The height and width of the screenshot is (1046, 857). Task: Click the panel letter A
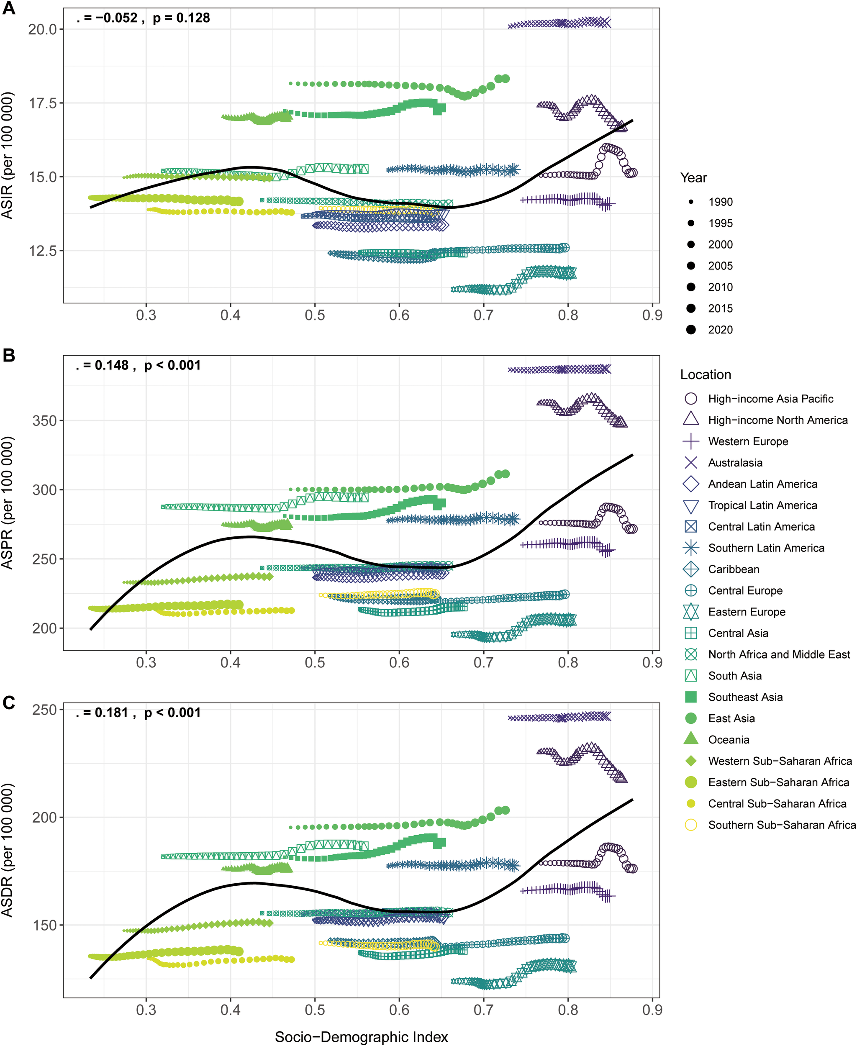(x=9, y=8)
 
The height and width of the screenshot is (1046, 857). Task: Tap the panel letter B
(x=9, y=355)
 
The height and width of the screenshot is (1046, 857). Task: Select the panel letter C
(x=9, y=702)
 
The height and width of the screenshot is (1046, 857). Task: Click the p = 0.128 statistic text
(x=181, y=18)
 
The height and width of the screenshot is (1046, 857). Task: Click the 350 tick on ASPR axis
(x=45, y=420)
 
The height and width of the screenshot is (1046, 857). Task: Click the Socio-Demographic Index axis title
(x=362, y=1037)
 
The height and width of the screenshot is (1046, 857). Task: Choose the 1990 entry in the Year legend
(x=720, y=202)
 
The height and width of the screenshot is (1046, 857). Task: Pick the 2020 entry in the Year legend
(x=720, y=330)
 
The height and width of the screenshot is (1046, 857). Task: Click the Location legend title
(x=706, y=374)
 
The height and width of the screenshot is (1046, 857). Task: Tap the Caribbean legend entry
(x=734, y=569)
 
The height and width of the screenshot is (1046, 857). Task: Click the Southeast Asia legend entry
(x=745, y=697)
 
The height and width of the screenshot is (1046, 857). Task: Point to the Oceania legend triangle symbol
(x=690, y=739)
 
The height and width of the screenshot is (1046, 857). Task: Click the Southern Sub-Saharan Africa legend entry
(x=782, y=825)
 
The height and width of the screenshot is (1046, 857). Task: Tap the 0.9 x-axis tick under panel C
(x=652, y=1010)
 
